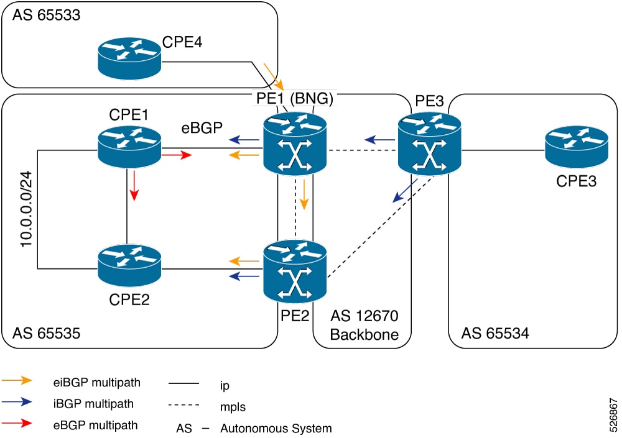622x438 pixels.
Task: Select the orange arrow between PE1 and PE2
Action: pos(304,195)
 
